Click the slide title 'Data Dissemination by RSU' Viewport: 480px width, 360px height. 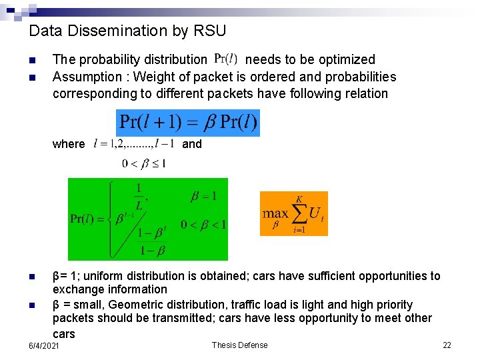click(128, 31)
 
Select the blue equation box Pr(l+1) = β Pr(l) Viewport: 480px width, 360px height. click(188, 123)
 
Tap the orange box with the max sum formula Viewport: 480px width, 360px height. click(293, 213)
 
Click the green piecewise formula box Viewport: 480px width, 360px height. click(148, 219)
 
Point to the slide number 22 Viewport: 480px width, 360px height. click(447, 345)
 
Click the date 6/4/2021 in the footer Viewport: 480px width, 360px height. click(44, 347)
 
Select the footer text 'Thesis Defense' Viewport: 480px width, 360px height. click(239, 345)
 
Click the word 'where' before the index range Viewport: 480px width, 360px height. click(69, 144)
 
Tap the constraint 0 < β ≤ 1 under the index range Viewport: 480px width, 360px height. click(144, 163)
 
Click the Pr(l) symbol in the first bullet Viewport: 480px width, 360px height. click(226, 59)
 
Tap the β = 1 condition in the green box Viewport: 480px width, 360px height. click(204, 196)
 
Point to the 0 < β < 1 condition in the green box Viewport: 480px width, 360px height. click(203, 224)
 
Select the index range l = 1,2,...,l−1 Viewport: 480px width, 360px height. click(135, 143)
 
